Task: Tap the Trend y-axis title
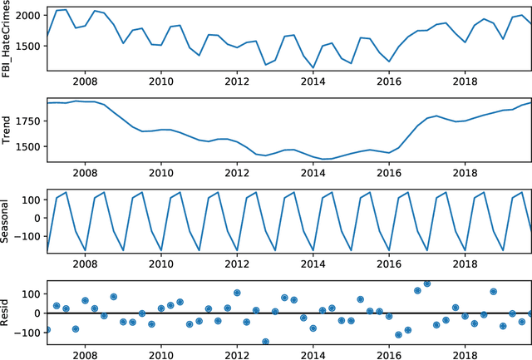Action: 8,131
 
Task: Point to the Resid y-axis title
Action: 8,313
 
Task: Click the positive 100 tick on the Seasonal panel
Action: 32,200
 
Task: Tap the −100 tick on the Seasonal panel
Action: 28,236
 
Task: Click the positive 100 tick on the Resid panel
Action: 32,294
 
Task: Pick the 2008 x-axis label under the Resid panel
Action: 85,353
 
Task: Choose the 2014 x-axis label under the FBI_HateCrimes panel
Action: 313,81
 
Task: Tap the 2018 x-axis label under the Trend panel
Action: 465,172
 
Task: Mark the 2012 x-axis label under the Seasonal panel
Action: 237,263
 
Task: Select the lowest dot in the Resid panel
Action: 266,342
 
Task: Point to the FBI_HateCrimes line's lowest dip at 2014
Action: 313,67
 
